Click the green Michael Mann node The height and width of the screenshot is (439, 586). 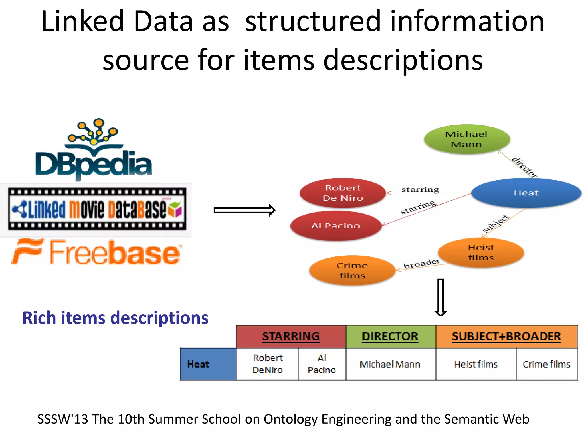click(x=467, y=139)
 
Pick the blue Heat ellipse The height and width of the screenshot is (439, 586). click(x=526, y=193)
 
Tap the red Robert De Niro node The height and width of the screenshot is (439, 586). click(x=343, y=193)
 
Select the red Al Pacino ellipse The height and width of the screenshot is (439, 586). click(x=335, y=226)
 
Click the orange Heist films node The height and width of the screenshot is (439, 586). click(x=481, y=252)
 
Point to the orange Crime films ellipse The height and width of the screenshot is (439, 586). click(x=352, y=270)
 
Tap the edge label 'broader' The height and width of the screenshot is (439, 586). click(x=421, y=264)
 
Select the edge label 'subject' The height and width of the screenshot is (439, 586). click(x=496, y=224)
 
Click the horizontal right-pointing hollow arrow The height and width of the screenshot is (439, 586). click(x=244, y=211)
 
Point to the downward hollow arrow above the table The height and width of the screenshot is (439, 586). click(x=441, y=297)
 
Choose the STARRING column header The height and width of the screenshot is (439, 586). click(x=291, y=336)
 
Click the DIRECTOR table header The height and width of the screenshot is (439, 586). click(x=390, y=336)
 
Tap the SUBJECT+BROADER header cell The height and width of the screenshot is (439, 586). click(x=506, y=336)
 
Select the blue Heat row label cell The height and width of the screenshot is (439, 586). click(x=208, y=364)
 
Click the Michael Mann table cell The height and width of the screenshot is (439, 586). click(x=390, y=364)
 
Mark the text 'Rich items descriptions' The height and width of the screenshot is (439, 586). click(x=115, y=318)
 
